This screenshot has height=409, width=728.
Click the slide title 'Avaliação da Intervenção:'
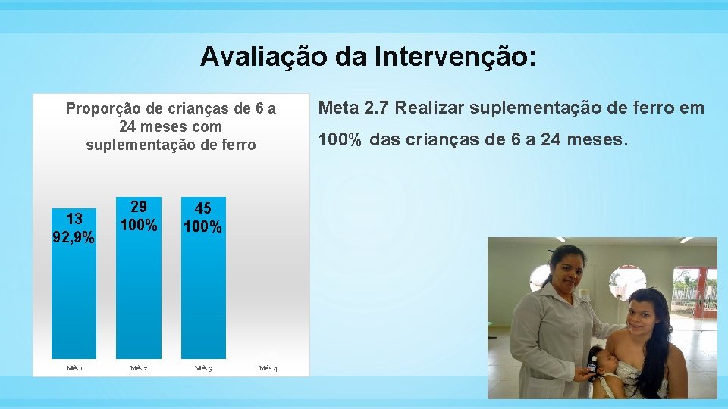click(369, 57)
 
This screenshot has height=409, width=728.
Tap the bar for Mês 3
click(203, 295)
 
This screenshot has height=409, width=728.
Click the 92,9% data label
click(74, 238)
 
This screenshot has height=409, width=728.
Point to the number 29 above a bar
click(139, 207)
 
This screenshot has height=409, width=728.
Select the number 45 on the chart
click(203, 208)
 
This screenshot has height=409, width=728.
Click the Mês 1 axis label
click(74, 368)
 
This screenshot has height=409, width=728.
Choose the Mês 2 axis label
click(139, 368)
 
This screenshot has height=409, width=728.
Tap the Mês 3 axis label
click(203, 368)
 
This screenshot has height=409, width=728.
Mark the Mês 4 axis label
click(268, 368)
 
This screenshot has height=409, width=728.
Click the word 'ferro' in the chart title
click(237, 145)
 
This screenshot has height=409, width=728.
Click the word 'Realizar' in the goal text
click(429, 108)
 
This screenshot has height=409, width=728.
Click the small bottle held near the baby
click(591, 367)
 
